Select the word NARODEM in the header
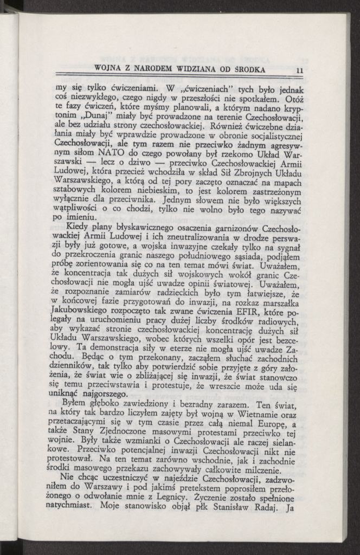157,69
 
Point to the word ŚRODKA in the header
250,69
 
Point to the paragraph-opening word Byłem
76,405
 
